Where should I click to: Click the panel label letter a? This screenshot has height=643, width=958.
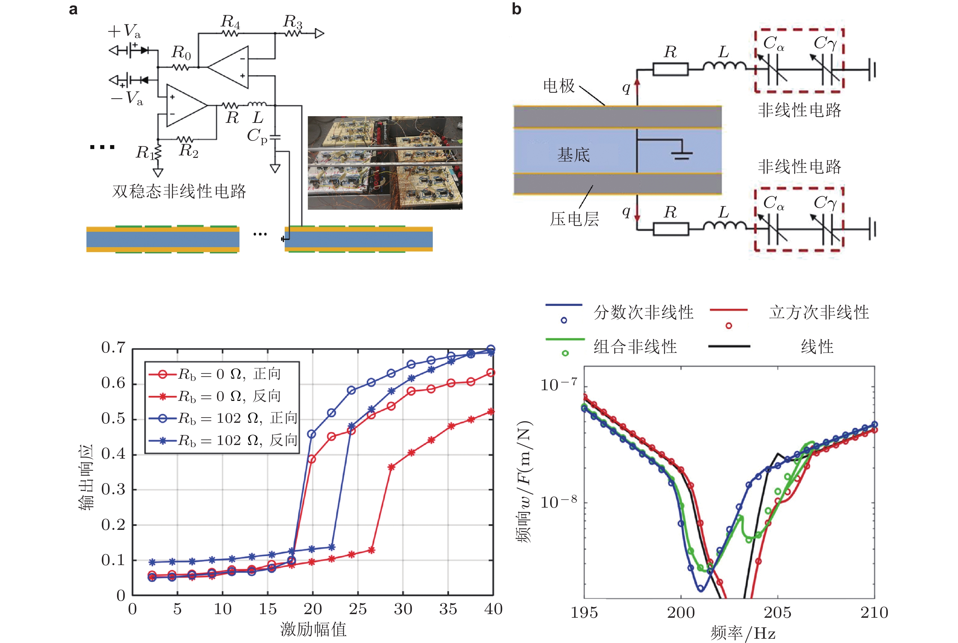click(x=73, y=9)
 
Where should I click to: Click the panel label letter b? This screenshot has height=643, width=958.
click(x=516, y=9)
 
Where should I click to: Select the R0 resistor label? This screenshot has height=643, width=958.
click(x=181, y=53)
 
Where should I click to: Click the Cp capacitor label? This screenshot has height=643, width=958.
click(x=257, y=136)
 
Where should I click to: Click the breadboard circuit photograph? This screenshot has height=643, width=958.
click(x=385, y=163)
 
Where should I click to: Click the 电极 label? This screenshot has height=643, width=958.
click(x=559, y=86)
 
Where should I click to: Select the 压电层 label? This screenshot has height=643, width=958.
click(x=574, y=219)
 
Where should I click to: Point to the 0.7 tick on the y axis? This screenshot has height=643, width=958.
click(x=113, y=348)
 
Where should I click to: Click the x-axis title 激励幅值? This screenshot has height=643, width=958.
click(x=313, y=629)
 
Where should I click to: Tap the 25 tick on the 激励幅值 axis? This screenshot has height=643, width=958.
click(x=357, y=609)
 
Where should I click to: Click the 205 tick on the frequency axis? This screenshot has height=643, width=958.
click(x=777, y=613)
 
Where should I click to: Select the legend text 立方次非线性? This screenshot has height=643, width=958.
click(x=819, y=312)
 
